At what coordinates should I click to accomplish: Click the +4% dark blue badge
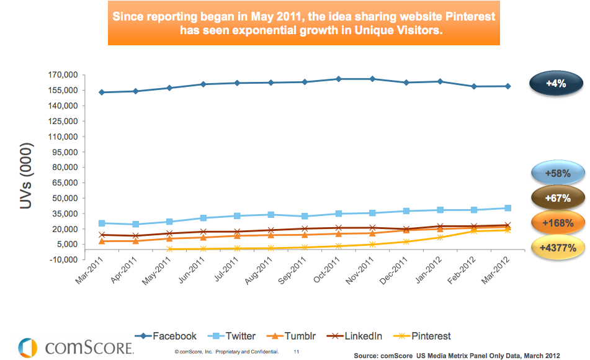tap(556, 84)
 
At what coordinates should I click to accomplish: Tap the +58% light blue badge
tap(556, 174)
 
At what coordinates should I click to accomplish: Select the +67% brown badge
tap(556, 198)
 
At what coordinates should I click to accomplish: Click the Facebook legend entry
tap(169, 336)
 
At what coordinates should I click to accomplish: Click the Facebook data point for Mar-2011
tap(101, 92)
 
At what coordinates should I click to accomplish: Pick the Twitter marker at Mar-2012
tap(507, 208)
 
